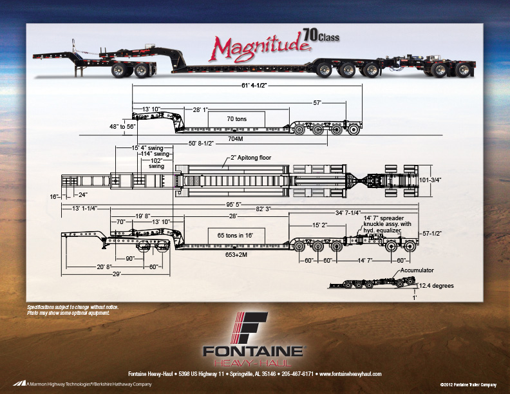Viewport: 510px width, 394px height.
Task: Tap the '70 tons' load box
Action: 236,118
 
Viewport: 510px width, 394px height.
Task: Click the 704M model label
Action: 236,138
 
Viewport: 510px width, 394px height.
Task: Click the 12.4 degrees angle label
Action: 435,285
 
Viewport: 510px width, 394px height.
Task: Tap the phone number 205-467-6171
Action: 298,374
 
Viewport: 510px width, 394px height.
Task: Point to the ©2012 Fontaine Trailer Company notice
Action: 467,384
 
